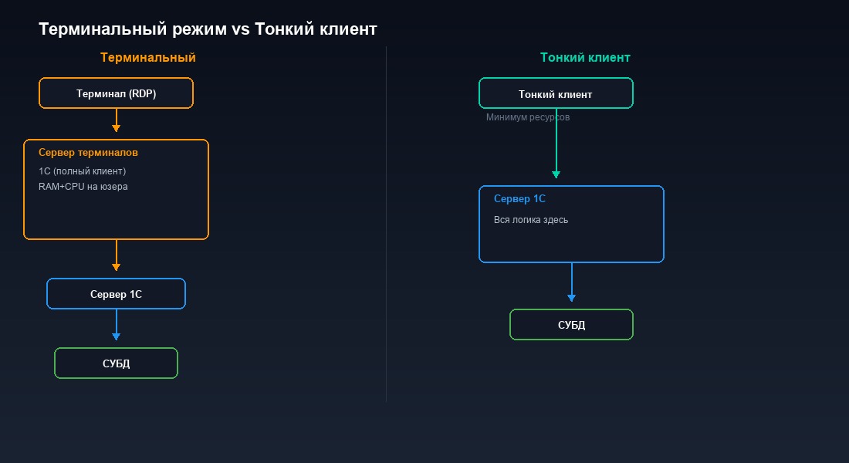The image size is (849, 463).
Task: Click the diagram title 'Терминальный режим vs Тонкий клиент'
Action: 208,29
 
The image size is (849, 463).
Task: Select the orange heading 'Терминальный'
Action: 147,58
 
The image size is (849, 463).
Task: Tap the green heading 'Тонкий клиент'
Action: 585,58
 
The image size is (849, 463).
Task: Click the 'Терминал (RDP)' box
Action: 116,93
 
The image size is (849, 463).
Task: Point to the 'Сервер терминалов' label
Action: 88,153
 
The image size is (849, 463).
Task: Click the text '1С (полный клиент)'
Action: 82,171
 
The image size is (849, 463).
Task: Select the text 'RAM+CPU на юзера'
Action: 83,187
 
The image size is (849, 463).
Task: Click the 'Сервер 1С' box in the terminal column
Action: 116,294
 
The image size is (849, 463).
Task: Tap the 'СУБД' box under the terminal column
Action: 116,363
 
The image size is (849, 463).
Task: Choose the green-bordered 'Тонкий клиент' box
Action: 556,93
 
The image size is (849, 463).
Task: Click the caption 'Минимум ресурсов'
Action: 528,118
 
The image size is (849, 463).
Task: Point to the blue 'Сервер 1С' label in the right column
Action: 519,199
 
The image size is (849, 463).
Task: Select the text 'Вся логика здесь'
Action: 531,220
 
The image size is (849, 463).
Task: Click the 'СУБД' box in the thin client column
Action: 571,325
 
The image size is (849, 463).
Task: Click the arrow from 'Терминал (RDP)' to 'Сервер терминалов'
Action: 116,121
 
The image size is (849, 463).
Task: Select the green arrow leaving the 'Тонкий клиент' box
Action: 556,147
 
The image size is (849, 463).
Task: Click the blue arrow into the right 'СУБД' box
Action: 571,283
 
